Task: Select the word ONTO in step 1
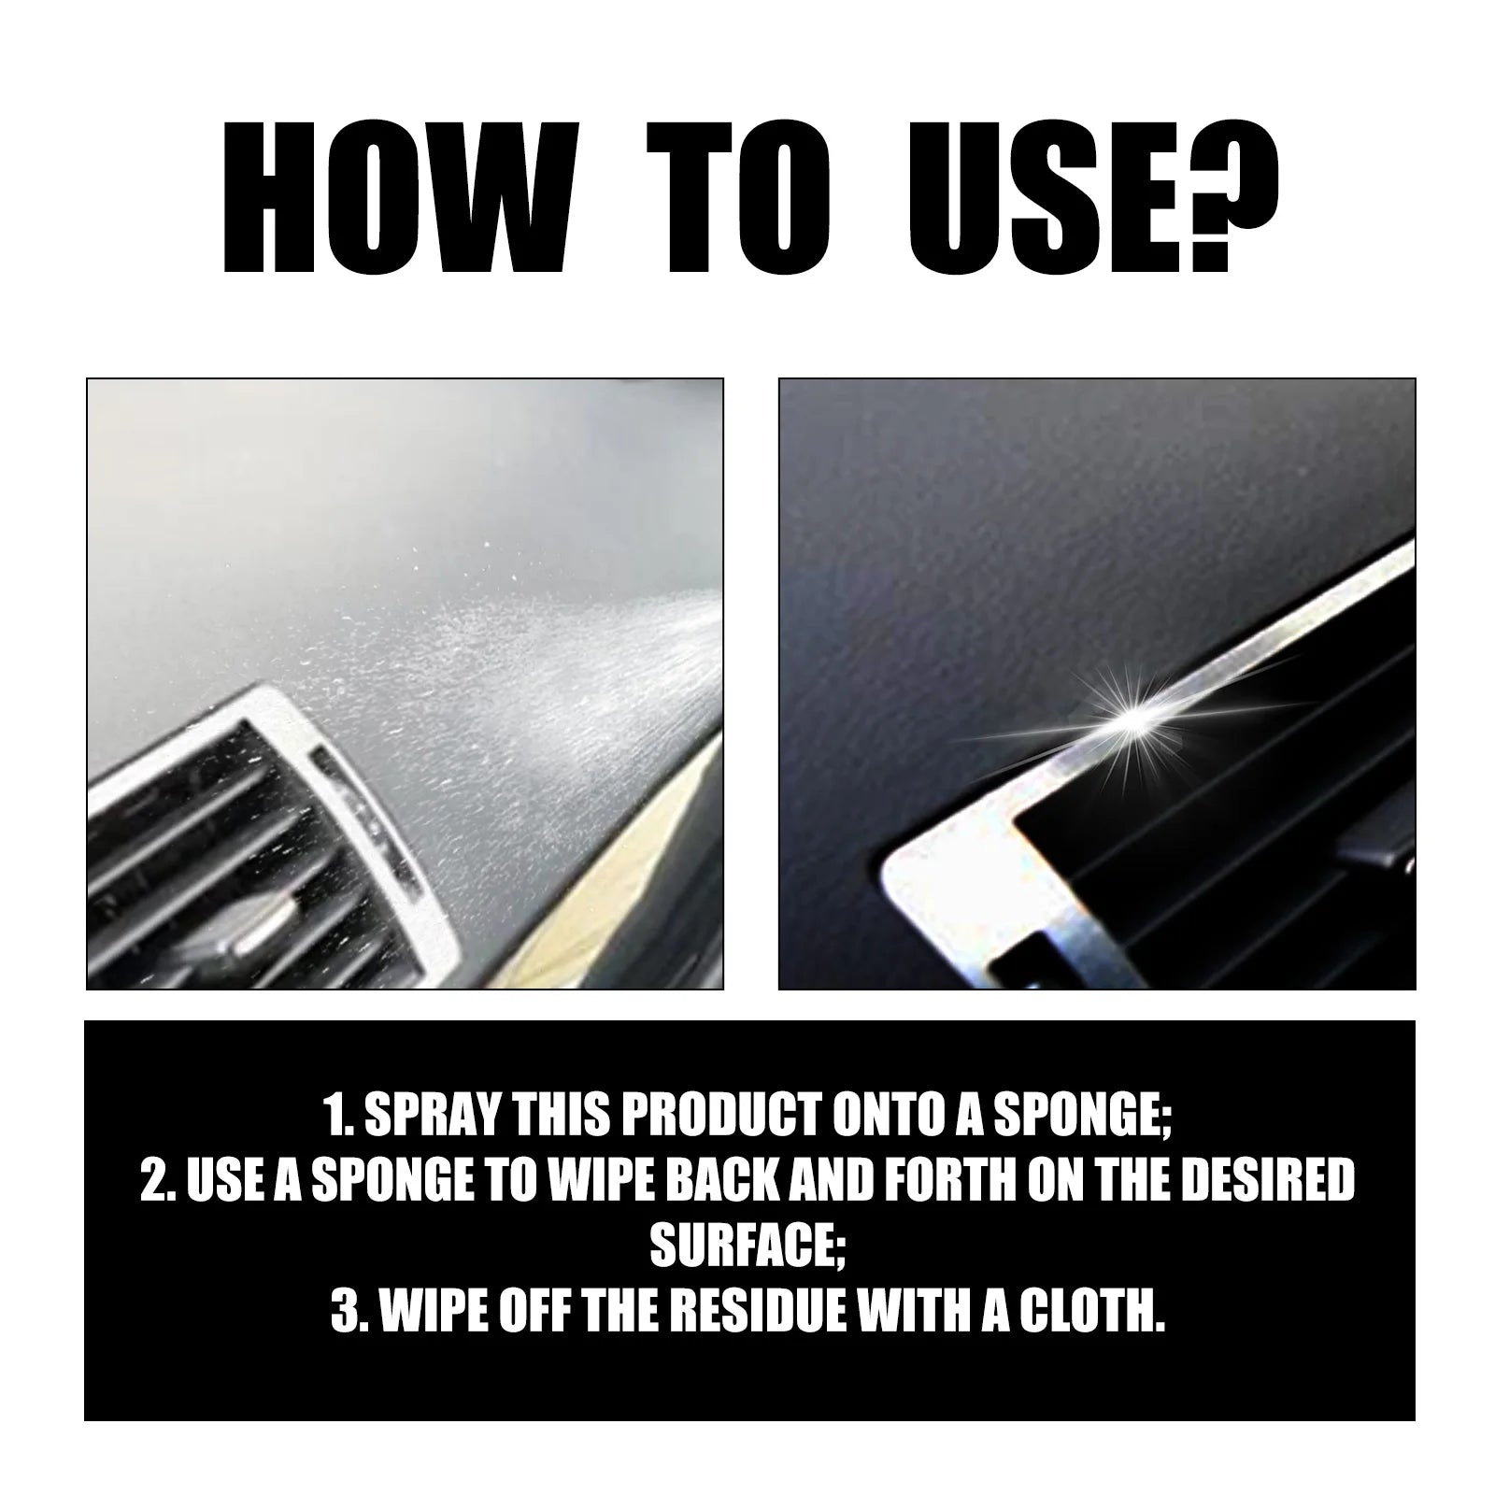(888, 1118)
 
